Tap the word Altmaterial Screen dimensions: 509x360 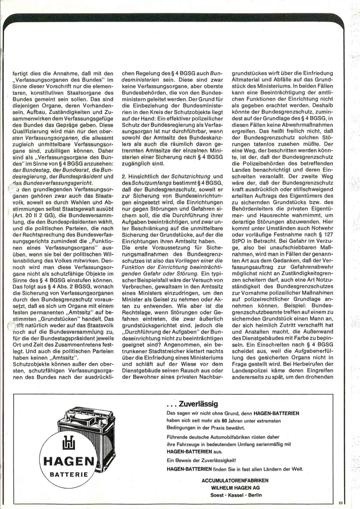click(248, 79)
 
